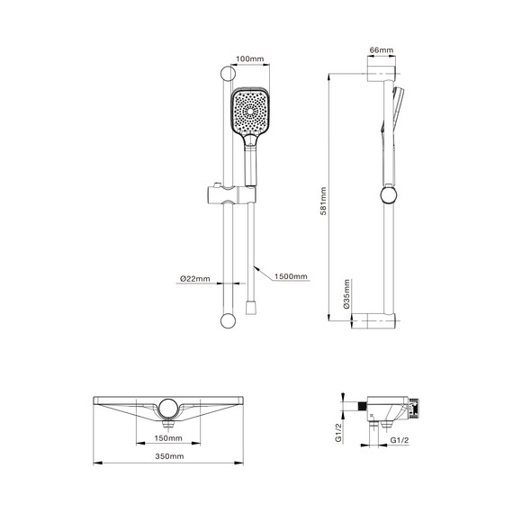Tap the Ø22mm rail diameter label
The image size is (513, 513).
click(x=194, y=279)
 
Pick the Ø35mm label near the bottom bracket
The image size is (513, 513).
click(x=346, y=300)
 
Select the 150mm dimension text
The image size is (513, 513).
click(x=167, y=438)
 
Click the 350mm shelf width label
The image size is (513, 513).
click(x=167, y=458)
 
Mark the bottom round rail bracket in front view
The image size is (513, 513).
click(x=227, y=320)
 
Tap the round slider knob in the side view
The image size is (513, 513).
click(x=388, y=194)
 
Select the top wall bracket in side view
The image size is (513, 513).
click(x=379, y=72)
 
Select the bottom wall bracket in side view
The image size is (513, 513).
click(x=379, y=320)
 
